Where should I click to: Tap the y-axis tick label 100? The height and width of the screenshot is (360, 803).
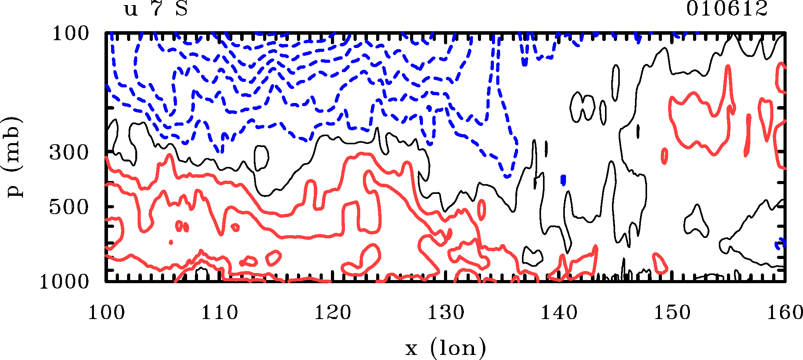(71, 34)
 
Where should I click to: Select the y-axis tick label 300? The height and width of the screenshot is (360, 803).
(69, 153)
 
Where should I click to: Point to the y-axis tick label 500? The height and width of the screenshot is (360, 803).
(69, 207)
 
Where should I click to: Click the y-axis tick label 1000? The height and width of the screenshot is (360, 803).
(64, 282)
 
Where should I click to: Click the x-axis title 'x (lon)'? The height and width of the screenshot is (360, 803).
(446, 348)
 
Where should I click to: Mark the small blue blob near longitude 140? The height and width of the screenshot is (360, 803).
(563, 180)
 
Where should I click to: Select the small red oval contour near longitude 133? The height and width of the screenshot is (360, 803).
(482, 209)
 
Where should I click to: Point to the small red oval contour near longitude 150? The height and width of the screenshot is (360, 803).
(665, 156)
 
